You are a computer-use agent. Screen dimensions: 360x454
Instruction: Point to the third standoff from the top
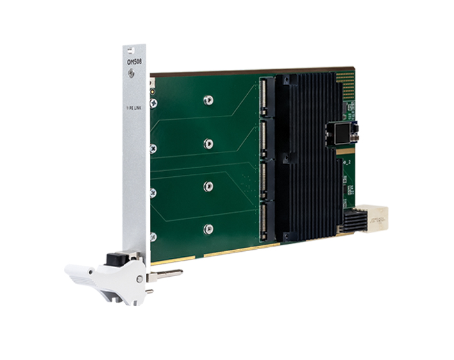(x=208, y=186)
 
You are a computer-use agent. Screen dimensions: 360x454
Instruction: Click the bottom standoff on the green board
(x=208, y=228)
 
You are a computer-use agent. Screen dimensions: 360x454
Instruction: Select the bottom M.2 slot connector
(x=264, y=222)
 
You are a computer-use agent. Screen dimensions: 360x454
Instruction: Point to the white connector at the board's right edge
(x=374, y=218)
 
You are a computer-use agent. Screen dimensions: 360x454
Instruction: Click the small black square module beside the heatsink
(x=341, y=133)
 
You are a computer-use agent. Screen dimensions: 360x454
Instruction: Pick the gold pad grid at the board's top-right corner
(x=345, y=79)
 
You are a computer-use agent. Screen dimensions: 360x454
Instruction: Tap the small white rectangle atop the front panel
(x=129, y=49)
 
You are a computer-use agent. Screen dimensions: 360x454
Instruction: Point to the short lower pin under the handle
(x=149, y=290)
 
